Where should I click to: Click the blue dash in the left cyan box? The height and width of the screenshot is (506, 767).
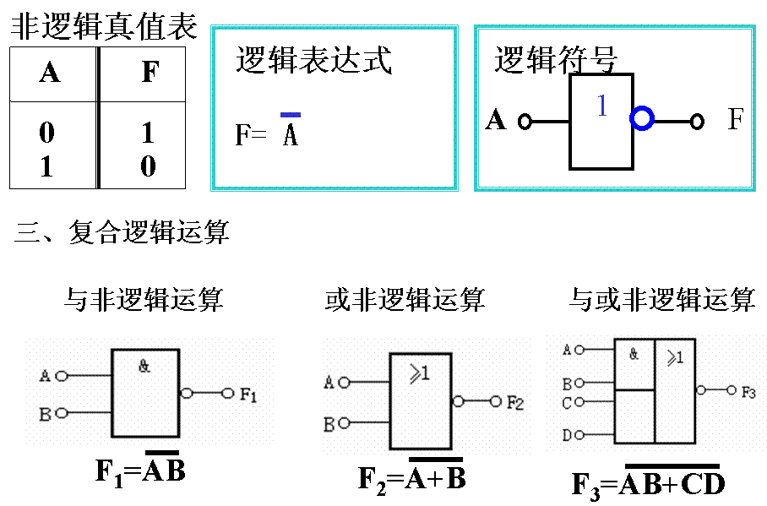coord(291,114)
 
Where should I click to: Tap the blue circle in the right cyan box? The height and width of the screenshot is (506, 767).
coord(642,119)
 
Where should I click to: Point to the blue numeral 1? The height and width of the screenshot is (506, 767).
coord(602,106)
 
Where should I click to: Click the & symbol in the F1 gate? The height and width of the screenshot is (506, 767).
coord(144,367)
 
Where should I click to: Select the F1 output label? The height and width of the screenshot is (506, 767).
coord(248,394)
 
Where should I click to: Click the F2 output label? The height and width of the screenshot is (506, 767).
coord(515,403)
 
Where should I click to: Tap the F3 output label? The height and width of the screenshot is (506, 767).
coord(749,392)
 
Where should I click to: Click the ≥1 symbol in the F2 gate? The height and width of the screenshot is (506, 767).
coord(420,373)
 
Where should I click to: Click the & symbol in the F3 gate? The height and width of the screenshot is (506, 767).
coord(634,355)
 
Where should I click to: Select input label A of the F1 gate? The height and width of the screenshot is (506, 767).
coord(45,376)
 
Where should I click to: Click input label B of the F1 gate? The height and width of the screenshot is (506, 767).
coord(45,415)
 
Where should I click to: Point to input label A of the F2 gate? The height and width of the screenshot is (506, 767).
coord(329,384)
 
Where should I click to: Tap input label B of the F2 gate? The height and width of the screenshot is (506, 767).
coord(329,424)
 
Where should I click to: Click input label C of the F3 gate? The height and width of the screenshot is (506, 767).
coord(567,404)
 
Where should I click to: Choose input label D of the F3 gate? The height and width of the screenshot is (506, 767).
coord(567,436)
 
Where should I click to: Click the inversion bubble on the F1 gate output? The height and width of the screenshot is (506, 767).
coord(187,393)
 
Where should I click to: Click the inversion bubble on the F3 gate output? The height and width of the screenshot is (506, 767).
coord(701,390)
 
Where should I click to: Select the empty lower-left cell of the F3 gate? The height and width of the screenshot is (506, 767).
coord(634,416)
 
